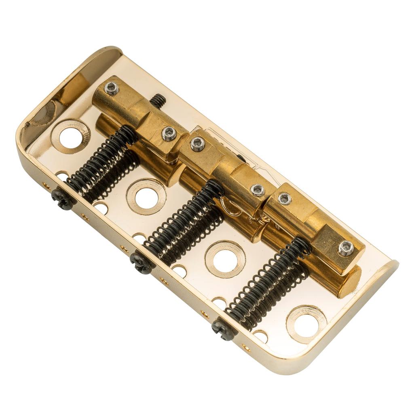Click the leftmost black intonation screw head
pyautogui.click(x=63, y=199)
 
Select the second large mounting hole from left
pyautogui.click(x=146, y=197)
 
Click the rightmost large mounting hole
pyautogui.click(x=306, y=325)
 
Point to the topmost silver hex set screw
pyautogui.click(x=111, y=88)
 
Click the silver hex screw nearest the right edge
pyautogui.click(x=346, y=248)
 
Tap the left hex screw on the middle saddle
pyautogui.click(x=198, y=144)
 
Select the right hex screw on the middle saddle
pyautogui.click(x=258, y=190)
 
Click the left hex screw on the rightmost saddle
pyautogui.click(x=285, y=198)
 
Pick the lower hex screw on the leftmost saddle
pyautogui.click(x=169, y=133)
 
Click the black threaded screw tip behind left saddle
pyautogui.click(x=158, y=100)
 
